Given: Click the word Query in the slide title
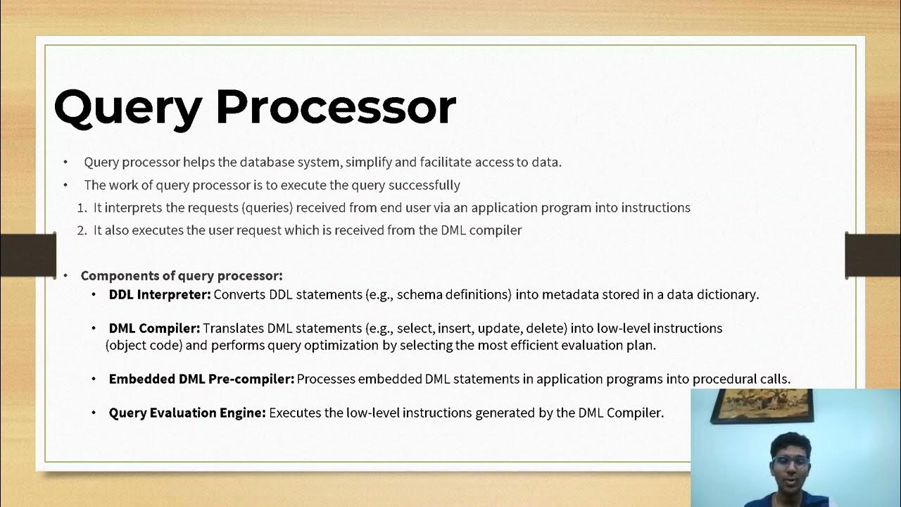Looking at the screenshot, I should click(127, 108).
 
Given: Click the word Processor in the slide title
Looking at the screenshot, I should click(336, 107).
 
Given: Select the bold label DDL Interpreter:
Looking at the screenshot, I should click(160, 294).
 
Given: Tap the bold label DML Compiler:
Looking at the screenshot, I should click(154, 328).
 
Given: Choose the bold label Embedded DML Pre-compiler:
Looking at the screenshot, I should click(201, 379).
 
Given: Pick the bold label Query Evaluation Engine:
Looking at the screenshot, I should click(187, 413).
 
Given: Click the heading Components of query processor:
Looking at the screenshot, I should click(182, 275).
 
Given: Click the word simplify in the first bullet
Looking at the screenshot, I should click(368, 162).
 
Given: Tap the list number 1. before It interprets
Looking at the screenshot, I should click(82, 208).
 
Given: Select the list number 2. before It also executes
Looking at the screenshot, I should click(82, 230).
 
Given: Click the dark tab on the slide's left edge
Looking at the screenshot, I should click(28, 254).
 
